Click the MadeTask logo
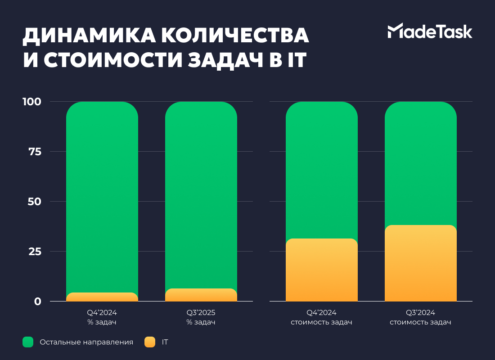(x=430, y=31)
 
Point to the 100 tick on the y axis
(x=32, y=102)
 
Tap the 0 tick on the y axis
(x=38, y=301)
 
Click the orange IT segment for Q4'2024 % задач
(x=102, y=297)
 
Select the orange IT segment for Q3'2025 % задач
(x=201, y=295)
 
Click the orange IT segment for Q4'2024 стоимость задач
(x=322, y=270)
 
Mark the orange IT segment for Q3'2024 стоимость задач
(x=421, y=263)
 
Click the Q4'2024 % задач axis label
(x=102, y=317)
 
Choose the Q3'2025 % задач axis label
(x=201, y=317)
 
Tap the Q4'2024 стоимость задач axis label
(x=322, y=317)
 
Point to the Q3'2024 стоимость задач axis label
(x=421, y=317)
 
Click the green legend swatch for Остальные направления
(x=28, y=342)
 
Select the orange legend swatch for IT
(x=150, y=342)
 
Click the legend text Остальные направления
(x=86, y=342)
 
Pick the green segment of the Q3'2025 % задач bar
(x=201, y=193)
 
